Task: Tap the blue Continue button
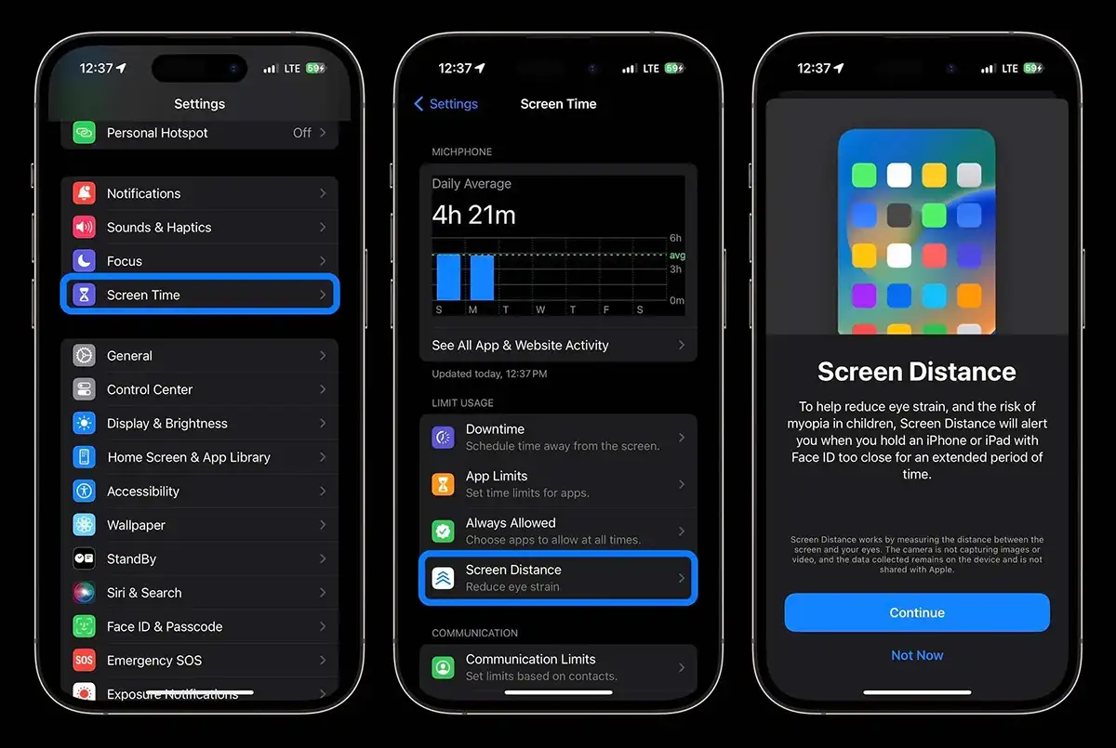[x=917, y=612]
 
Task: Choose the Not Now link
[x=917, y=655]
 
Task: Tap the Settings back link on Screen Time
[x=445, y=103]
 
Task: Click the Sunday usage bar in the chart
[x=448, y=277]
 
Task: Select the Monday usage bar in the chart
[x=482, y=277]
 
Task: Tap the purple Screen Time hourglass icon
[x=85, y=295]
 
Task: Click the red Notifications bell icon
[x=85, y=193]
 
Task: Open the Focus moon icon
[x=85, y=261]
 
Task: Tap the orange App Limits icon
[x=443, y=484]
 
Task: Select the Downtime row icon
[x=443, y=438]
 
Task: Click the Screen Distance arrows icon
[x=443, y=578]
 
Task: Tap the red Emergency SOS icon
[x=85, y=660]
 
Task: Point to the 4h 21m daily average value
[x=473, y=215]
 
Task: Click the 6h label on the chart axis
[x=675, y=238]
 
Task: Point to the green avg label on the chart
[x=677, y=256]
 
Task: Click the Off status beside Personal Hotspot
[x=302, y=132]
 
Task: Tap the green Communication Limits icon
[x=443, y=667]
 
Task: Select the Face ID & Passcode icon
[x=85, y=626]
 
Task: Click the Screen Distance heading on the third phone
[x=917, y=372]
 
